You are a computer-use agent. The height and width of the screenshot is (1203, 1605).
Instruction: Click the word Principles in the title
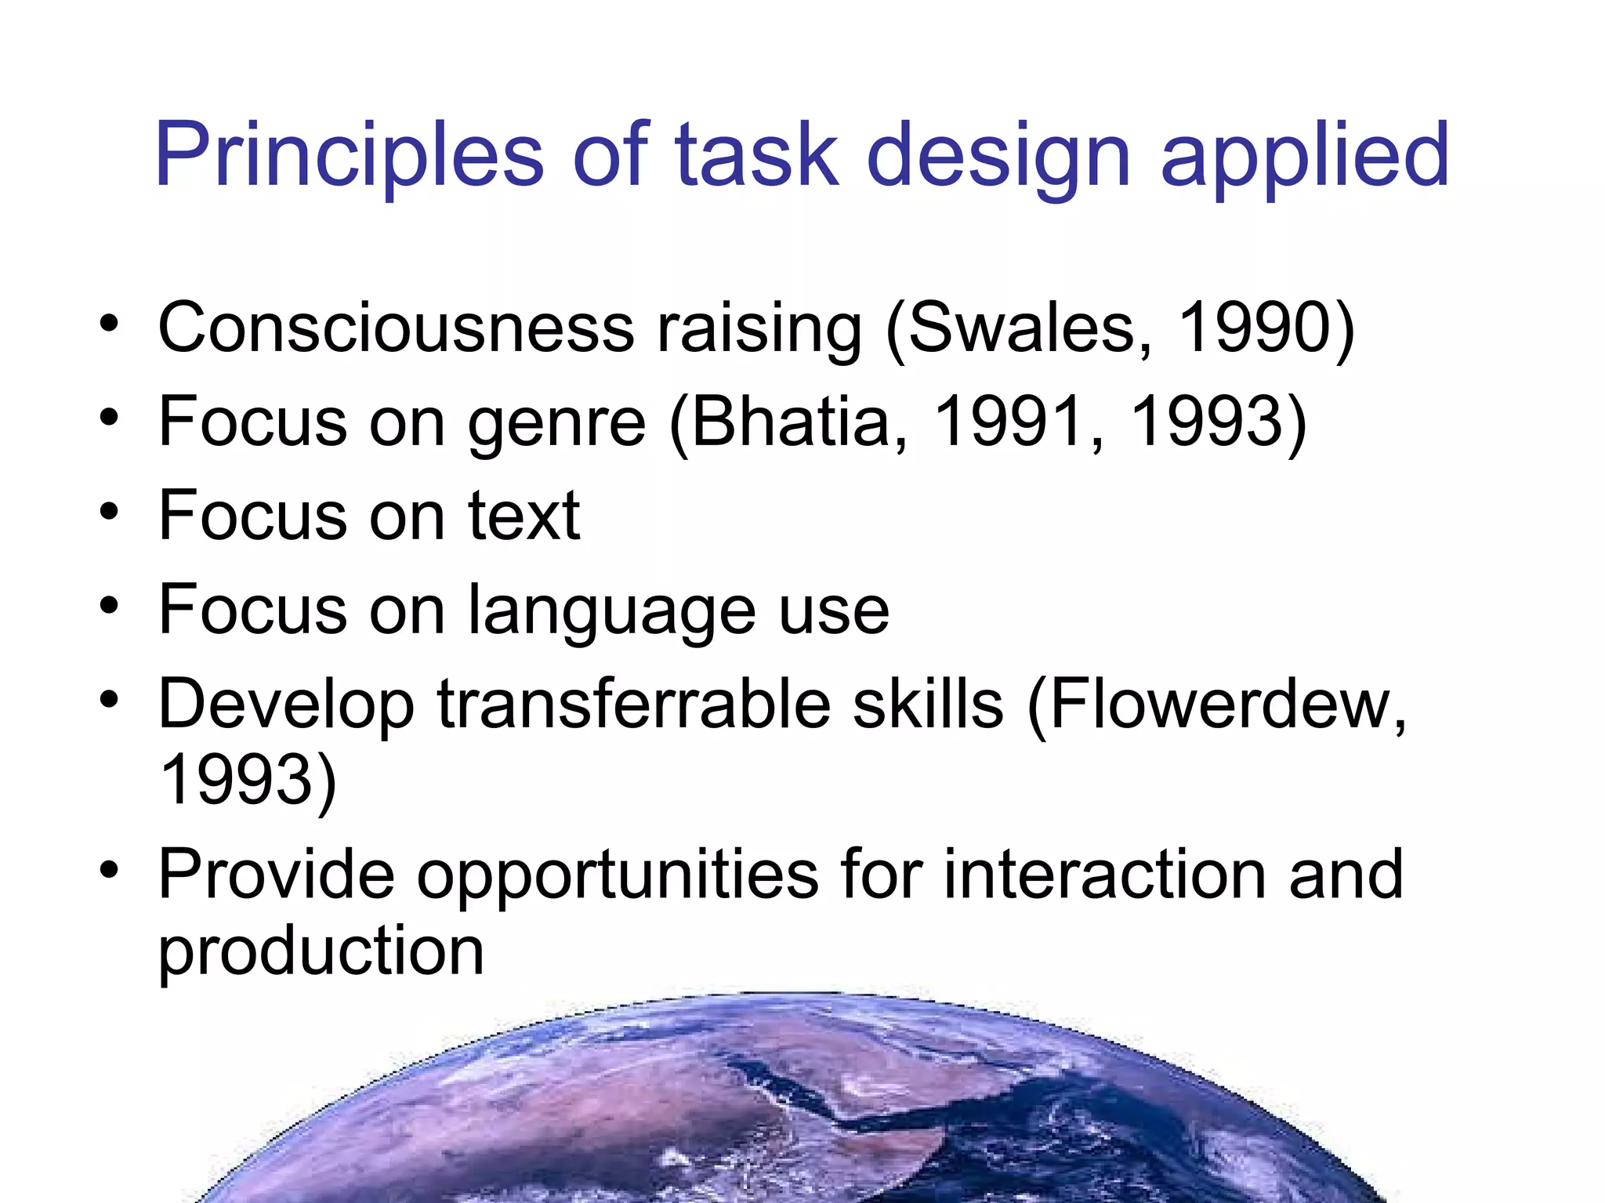tap(349, 155)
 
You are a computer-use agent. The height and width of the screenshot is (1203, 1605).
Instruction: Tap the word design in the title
tap(999, 155)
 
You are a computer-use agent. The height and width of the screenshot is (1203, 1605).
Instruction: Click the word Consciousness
tap(396, 328)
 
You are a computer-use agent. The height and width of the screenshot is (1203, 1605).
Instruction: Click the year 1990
tap(1254, 328)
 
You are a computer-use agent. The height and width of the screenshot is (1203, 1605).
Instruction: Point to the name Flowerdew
tap(1219, 704)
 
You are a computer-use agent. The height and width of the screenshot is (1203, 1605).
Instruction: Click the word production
tap(321, 953)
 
